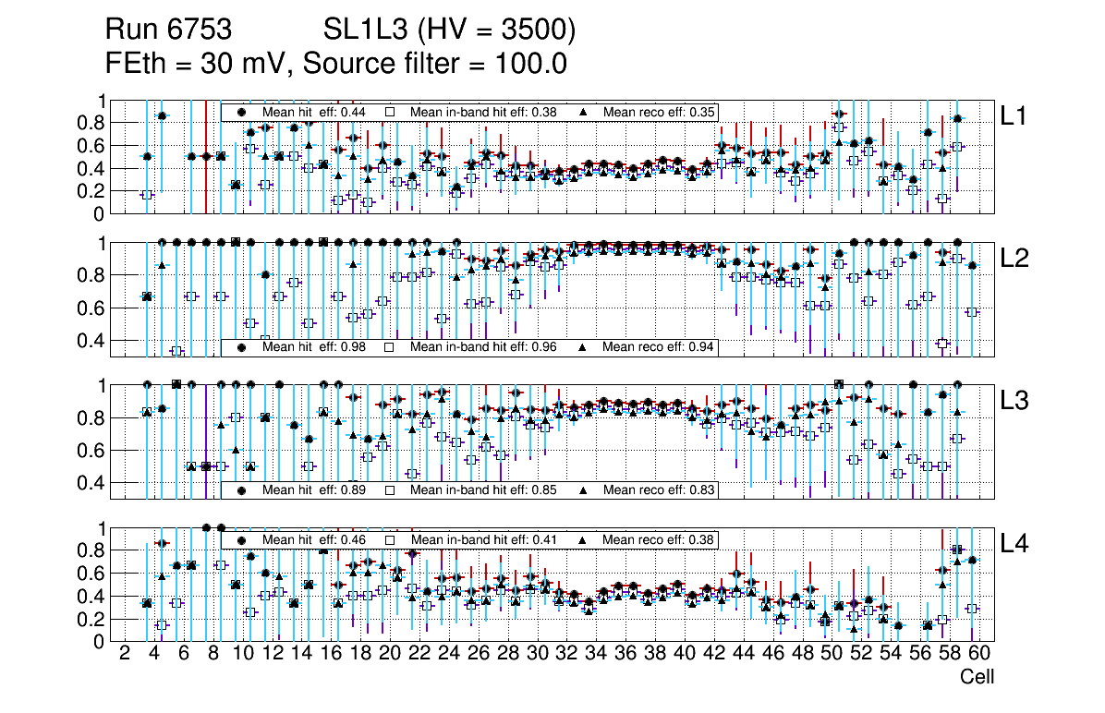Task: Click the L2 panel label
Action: coord(1014,259)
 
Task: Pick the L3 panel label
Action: coord(1014,401)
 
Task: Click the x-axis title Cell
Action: coord(977,677)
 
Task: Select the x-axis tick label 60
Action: coord(979,655)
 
